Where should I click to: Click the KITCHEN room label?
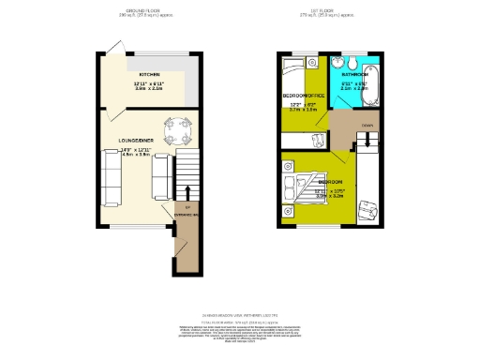pyautogui.click(x=148, y=74)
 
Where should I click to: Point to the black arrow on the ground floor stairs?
pyautogui.click(x=187, y=193)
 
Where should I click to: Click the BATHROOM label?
pyautogui.click(x=354, y=73)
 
